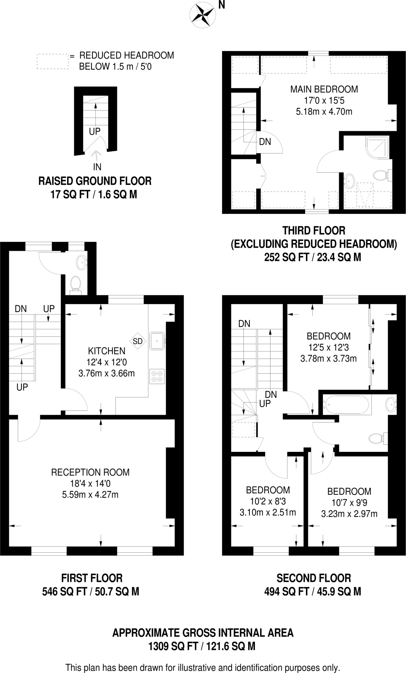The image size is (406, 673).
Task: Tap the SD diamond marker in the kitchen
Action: coord(138,341)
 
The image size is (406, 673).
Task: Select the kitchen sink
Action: coord(157,341)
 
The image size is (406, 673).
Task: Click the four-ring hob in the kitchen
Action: coord(157,376)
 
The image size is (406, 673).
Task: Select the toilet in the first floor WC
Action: coord(76,283)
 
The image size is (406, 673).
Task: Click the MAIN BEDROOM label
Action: coord(324,89)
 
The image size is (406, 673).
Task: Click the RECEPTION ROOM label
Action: coord(90,472)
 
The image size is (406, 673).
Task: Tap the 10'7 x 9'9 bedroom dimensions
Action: coord(349,502)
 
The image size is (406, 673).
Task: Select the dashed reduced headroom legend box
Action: coord(53,61)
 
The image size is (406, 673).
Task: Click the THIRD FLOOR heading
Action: coord(314,230)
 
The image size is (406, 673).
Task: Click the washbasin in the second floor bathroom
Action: coord(391,404)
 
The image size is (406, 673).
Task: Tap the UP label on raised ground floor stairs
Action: coord(95,131)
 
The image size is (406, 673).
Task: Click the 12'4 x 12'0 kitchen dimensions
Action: coord(107,362)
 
